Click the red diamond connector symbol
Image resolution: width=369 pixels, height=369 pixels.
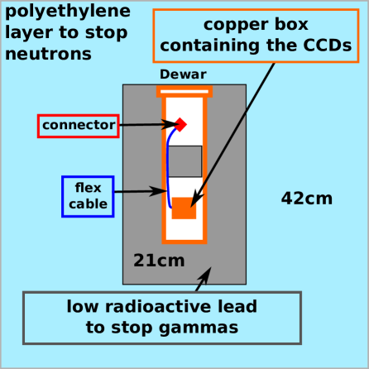click(x=180, y=124)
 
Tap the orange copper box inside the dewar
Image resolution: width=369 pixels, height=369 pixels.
click(x=184, y=208)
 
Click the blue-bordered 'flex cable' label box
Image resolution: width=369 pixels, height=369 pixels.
click(x=87, y=196)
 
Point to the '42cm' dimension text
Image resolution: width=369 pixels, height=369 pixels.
click(x=306, y=199)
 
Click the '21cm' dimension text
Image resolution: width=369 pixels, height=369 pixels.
click(x=159, y=261)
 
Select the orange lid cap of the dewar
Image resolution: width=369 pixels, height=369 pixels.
click(x=184, y=90)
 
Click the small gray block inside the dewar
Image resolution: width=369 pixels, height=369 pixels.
click(x=185, y=161)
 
